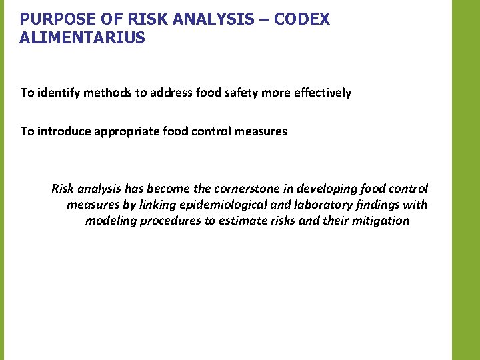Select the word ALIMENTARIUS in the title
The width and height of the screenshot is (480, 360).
click(x=82, y=38)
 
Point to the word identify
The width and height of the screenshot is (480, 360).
click(x=59, y=93)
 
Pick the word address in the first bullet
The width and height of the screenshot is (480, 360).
click(x=171, y=93)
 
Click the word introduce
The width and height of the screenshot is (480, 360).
click(x=65, y=131)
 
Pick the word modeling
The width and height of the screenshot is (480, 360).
click(x=111, y=221)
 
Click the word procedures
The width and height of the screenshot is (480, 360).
click(x=171, y=221)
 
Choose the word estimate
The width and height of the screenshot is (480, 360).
click(x=243, y=221)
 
